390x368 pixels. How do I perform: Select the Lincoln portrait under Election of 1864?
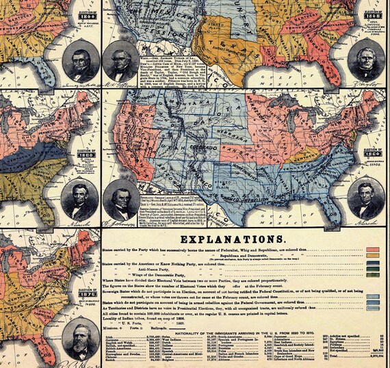pyautogui.click(x=364, y=199)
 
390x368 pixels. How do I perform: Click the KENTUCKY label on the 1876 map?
pyautogui.click(x=24, y=299)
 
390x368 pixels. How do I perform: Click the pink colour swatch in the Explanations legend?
pyautogui.click(x=374, y=250)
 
